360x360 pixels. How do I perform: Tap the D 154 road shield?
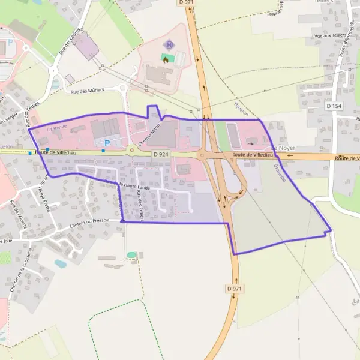pos(335,106)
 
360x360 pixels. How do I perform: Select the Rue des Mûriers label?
pos(88,90)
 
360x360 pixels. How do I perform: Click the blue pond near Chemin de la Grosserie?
pos(61,263)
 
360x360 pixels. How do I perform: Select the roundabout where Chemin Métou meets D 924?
pos(131,151)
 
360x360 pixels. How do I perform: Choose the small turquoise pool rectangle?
pos(131,255)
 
